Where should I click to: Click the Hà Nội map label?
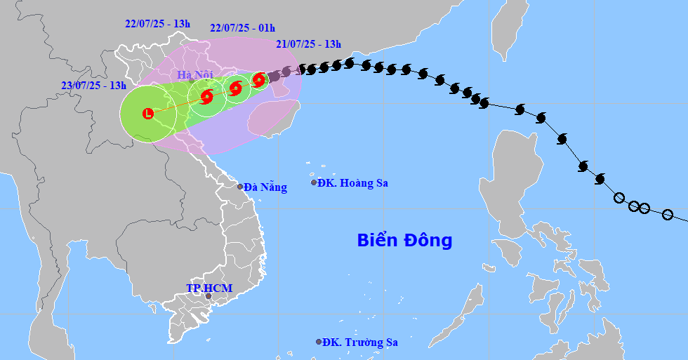point(194,74)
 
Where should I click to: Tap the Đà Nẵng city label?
point(265,187)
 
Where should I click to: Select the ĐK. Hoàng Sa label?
point(352,183)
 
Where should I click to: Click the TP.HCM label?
point(209,288)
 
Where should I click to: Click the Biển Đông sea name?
point(404,241)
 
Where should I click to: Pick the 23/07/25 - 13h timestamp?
point(93,86)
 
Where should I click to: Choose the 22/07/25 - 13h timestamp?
point(158,24)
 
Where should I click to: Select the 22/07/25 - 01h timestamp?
point(242,28)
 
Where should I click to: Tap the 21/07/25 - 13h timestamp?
point(308,44)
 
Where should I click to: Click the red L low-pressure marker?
point(148,113)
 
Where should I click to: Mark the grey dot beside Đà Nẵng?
point(240,187)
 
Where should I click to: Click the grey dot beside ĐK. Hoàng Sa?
point(314,182)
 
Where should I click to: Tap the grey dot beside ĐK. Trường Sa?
point(319,342)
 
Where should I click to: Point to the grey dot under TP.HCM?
point(208,296)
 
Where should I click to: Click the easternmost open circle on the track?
point(668,215)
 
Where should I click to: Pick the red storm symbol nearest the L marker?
point(207,97)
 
